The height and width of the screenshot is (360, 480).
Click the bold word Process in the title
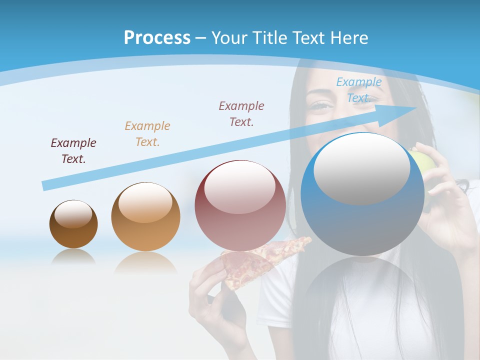(x=157, y=37)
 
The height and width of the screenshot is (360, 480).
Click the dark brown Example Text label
(x=73, y=151)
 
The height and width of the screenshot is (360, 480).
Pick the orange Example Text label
(x=147, y=133)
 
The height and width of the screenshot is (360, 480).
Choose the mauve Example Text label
(x=241, y=113)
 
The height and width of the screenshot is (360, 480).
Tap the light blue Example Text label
(x=358, y=90)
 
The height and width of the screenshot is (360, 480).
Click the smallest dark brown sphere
(x=73, y=224)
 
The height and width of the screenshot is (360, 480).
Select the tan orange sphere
(x=145, y=217)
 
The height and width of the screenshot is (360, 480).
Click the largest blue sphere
(x=362, y=220)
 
